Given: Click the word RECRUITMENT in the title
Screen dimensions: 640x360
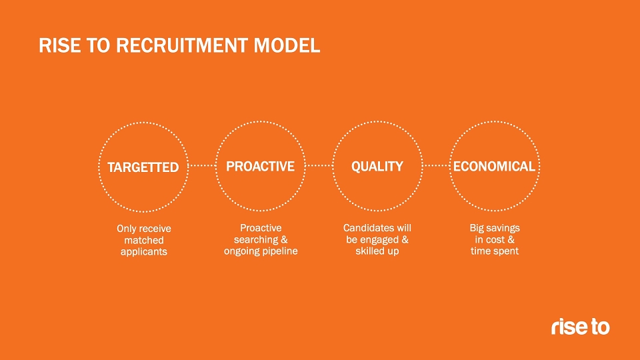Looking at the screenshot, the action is pyautogui.click(x=181, y=45).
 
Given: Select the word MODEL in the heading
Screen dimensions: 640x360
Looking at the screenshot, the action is pyautogui.click(x=287, y=45).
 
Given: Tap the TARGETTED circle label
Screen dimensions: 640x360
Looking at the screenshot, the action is pyautogui.click(x=143, y=167).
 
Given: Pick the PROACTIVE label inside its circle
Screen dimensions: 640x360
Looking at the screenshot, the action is pyautogui.click(x=261, y=167).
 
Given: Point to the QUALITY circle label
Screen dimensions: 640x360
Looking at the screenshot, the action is pyautogui.click(x=377, y=167).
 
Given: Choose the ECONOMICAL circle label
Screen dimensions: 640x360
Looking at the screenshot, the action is pyautogui.click(x=494, y=167).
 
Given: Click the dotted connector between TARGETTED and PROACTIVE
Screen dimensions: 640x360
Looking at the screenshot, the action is pyautogui.click(x=202, y=166).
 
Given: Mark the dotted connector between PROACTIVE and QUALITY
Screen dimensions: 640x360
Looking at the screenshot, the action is pyautogui.click(x=319, y=166).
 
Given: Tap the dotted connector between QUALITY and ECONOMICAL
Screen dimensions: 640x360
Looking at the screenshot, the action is pyautogui.click(x=436, y=166).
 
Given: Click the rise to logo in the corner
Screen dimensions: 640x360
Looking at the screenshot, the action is pyautogui.click(x=581, y=327).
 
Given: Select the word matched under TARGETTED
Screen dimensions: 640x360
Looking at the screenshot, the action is pyautogui.click(x=144, y=240).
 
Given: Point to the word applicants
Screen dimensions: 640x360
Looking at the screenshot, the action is pyautogui.click(x=144, y=252).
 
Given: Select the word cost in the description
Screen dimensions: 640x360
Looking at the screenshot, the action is pyautogui.click(x=495, y=239).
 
